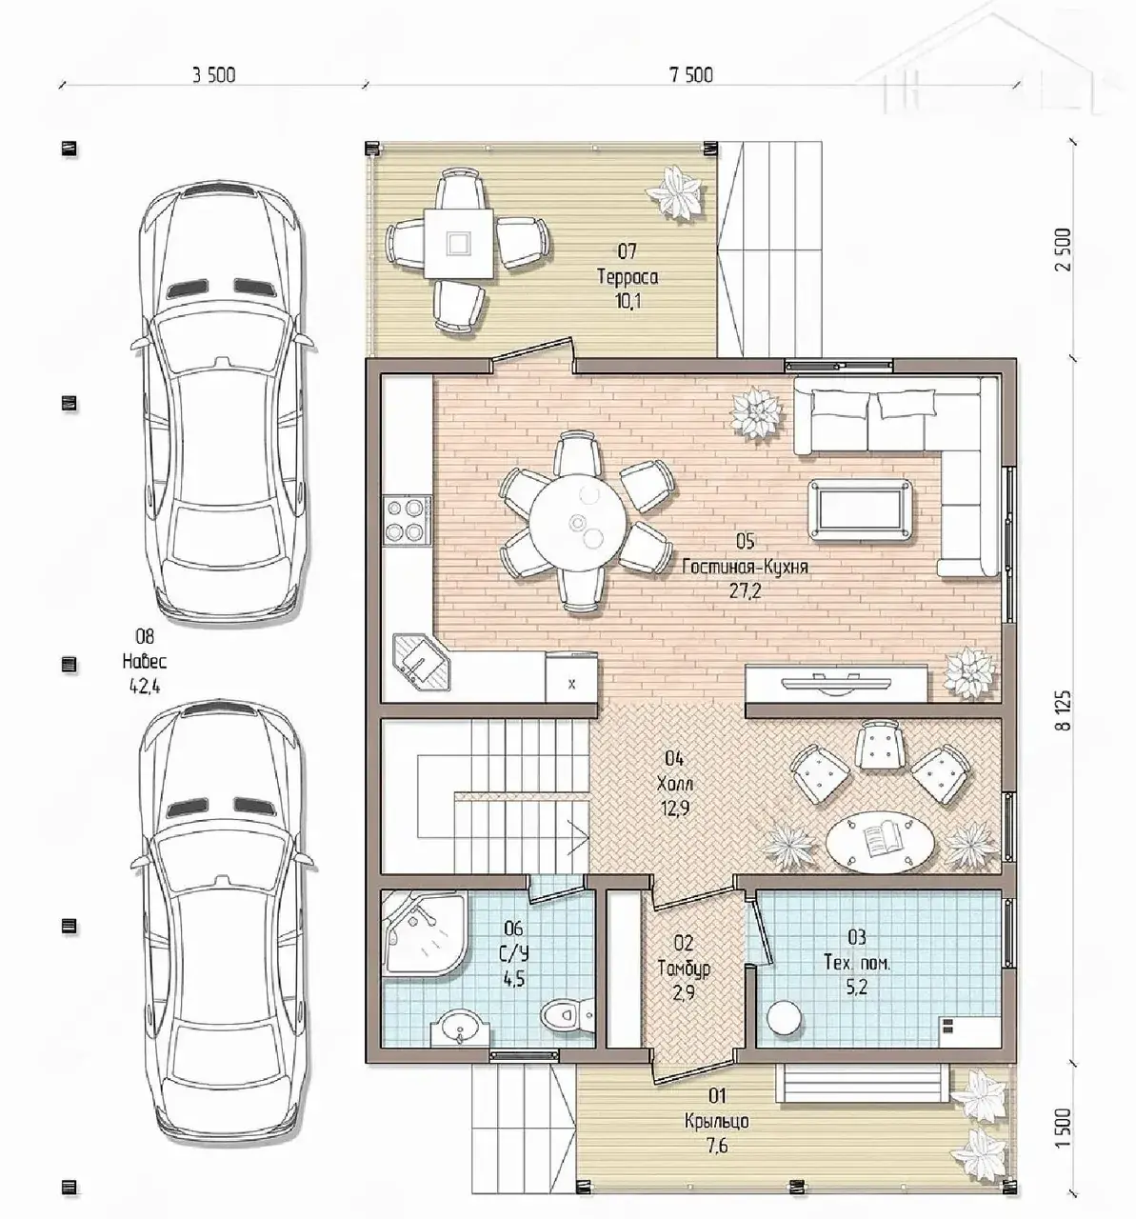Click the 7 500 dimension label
coord(691,75)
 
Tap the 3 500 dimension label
coord(213,75)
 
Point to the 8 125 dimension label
coord(1064,710)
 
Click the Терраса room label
coord(628,277)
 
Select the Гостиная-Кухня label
coord(745,567)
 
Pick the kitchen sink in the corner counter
coord(421,662)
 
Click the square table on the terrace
coord(458,243)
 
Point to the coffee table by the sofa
coord(861,511)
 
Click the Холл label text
coord(674,784)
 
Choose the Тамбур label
coord(684,968)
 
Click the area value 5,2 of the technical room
coord(857,988)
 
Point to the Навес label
coord(144,662)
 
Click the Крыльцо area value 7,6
coord(717,1146)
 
